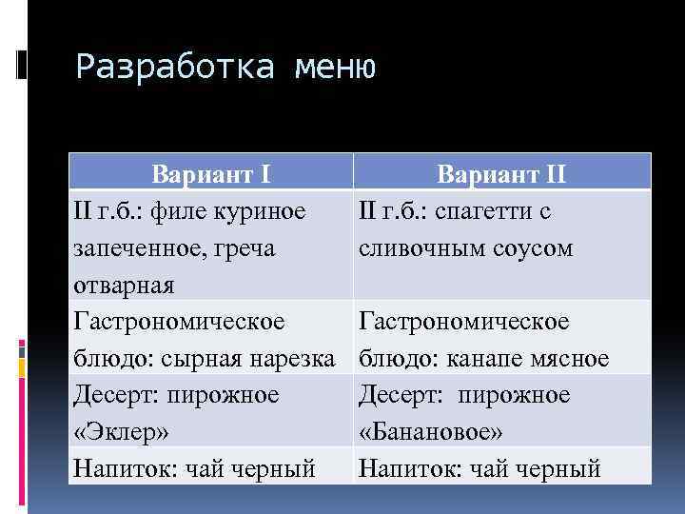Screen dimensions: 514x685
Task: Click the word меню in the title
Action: click(336, 67)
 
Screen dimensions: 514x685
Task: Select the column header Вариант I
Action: click(212, 175)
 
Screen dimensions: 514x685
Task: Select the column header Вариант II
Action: click(501, 175)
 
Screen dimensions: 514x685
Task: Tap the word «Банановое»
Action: click(430, 432)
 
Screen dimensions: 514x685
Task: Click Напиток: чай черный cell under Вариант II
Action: click(479, 468)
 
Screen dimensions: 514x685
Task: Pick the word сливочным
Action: click(419, 248)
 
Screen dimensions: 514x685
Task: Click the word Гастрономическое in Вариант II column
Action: click(463, 322)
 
